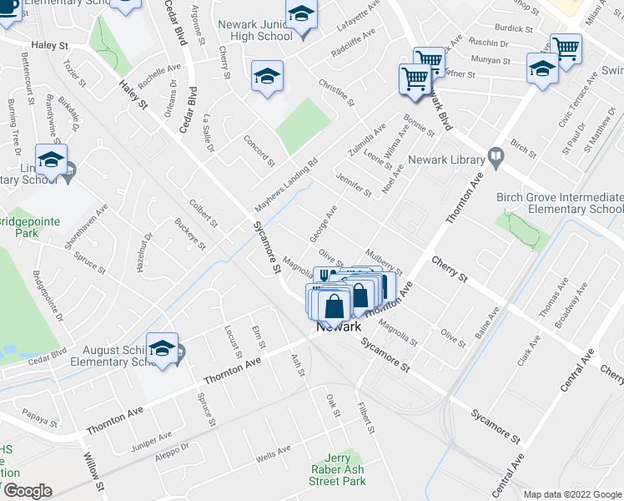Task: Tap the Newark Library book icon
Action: pos(496,156)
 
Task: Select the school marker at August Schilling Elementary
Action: pos(162,349)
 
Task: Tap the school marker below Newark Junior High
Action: pos(267,78)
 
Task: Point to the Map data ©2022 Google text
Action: pos(572,494)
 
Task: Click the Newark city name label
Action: pos(338,327)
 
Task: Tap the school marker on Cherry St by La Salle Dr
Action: pos(267,78)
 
